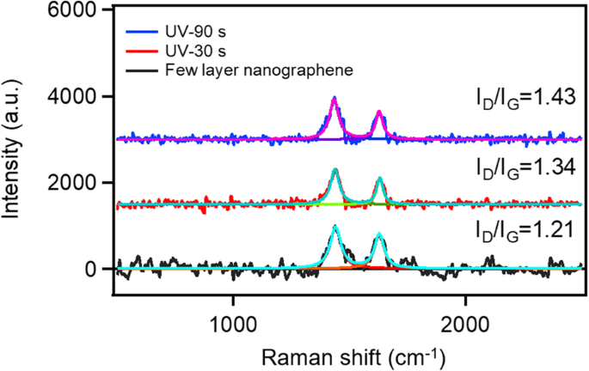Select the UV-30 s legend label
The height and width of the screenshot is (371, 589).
coord(191,52)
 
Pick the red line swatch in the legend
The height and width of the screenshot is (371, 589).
coord(143,52)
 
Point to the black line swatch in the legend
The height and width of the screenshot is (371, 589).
coord(143,69)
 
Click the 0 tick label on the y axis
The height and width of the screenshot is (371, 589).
coord(101,270)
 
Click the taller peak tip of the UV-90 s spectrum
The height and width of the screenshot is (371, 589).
coord(334,98)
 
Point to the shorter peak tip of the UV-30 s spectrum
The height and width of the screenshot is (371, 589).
coord(379,179)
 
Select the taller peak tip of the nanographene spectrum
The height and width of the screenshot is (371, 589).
coord(334,227)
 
